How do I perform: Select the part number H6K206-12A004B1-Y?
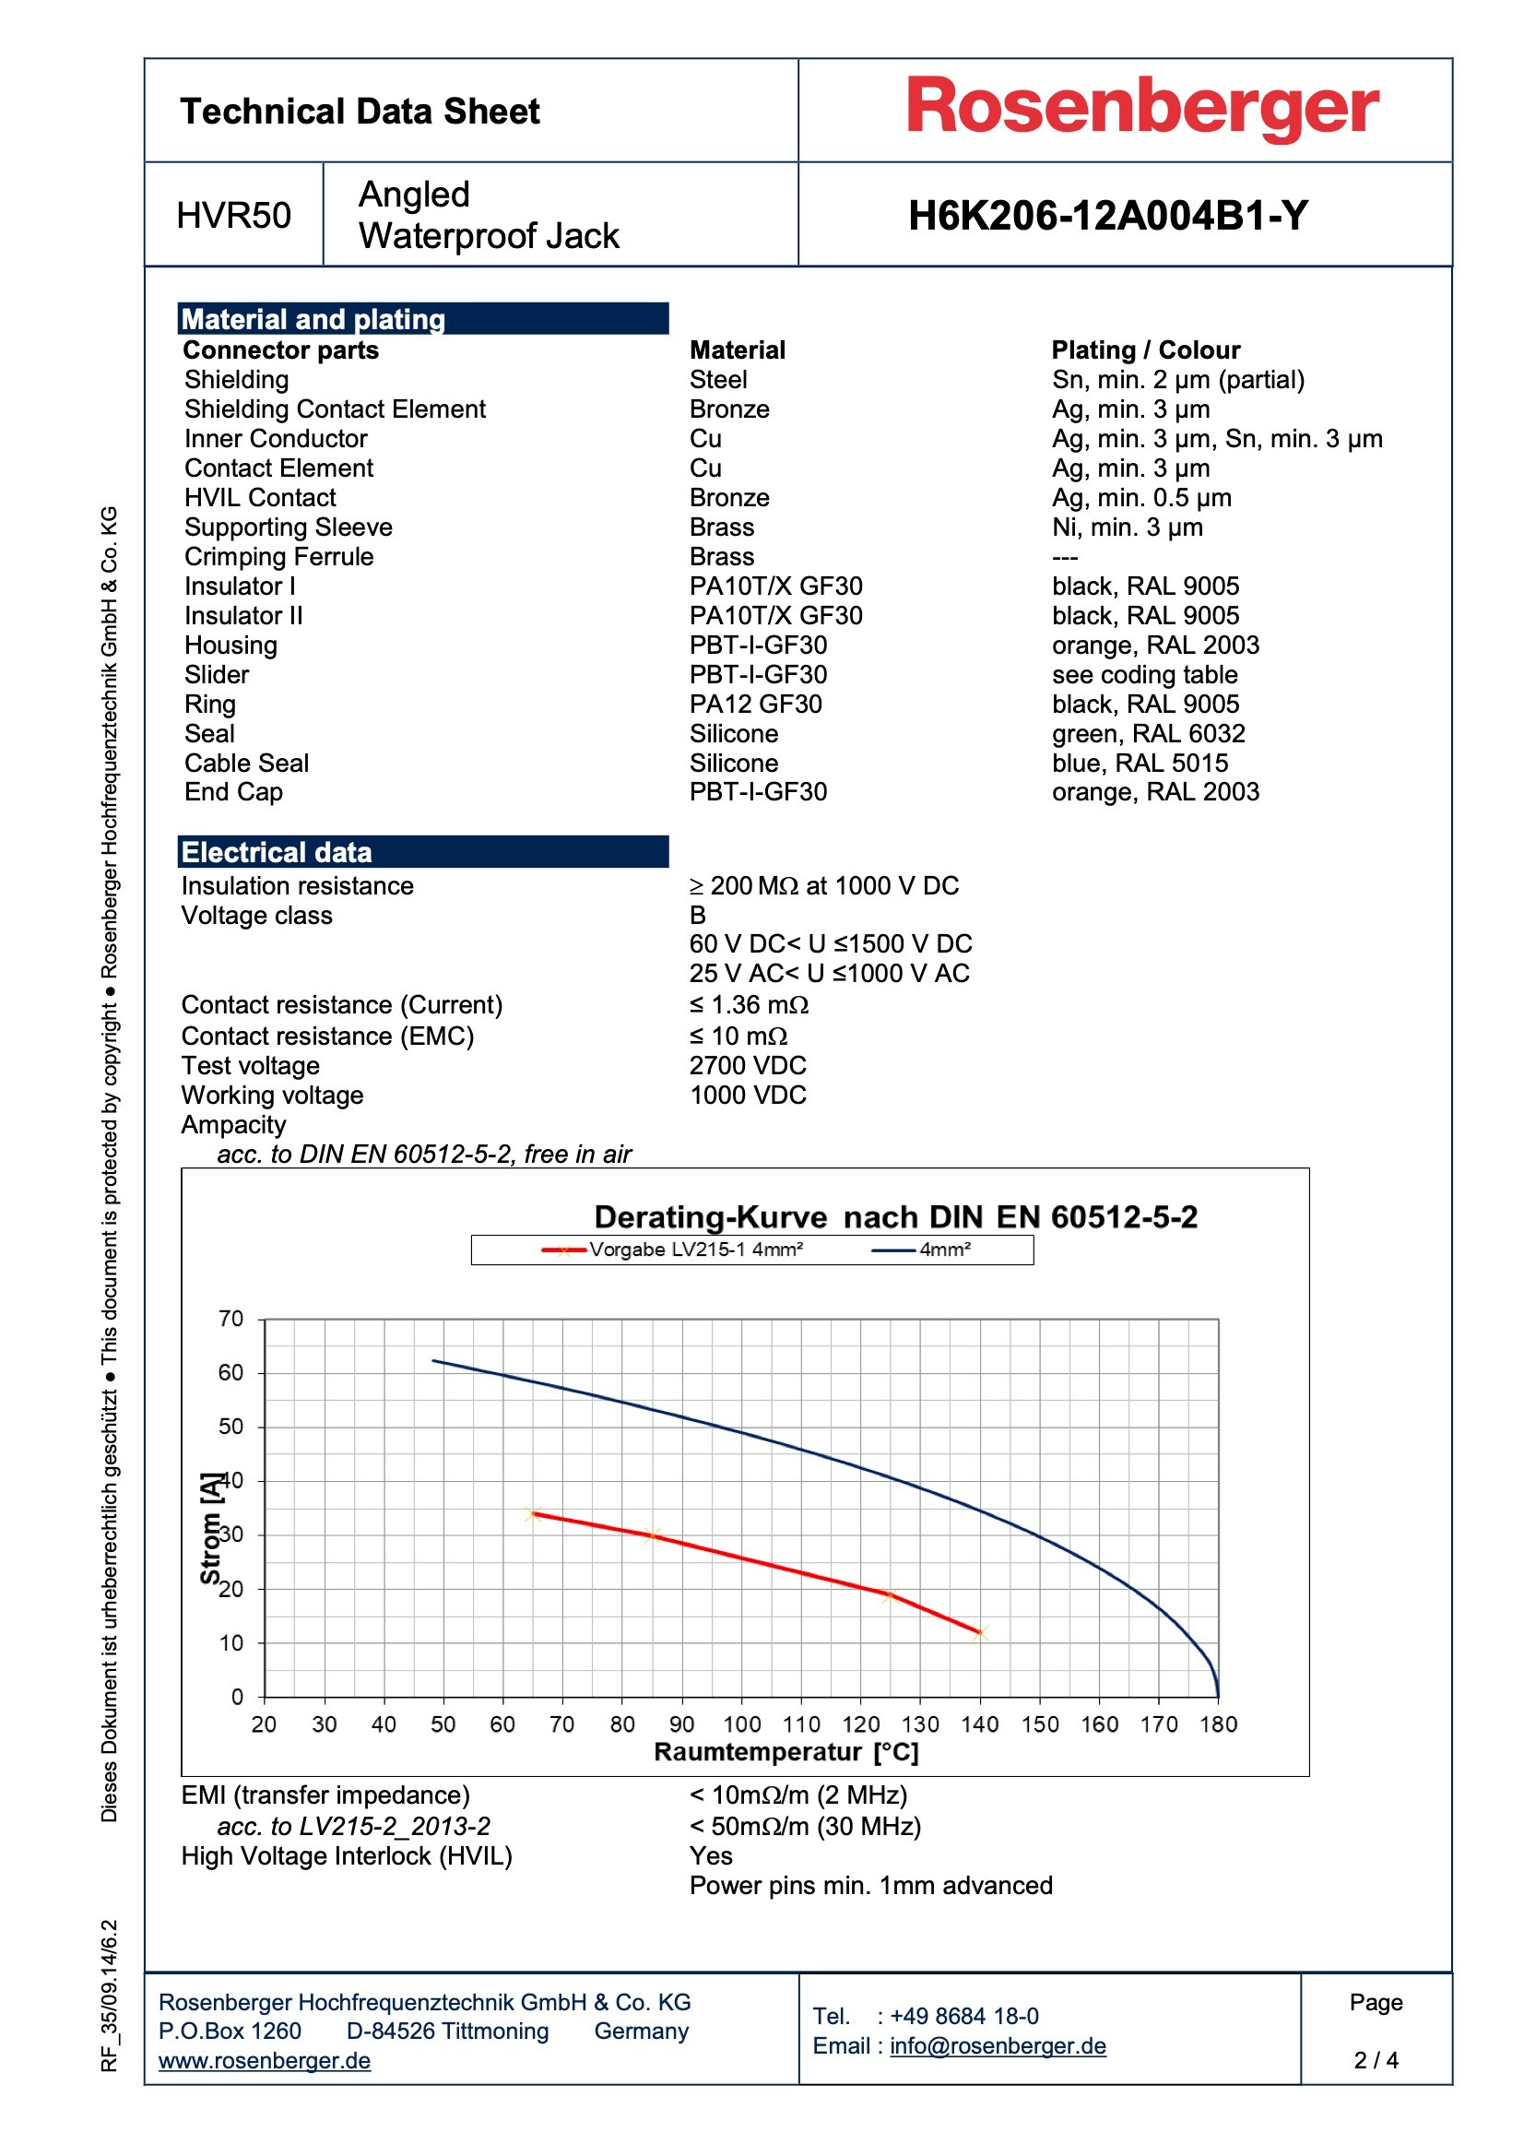[x=1107, y=216]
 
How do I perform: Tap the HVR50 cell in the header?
[x=233, y=216]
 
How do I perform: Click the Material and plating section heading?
[x=313, y=319]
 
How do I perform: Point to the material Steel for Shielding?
[x=717, y=380]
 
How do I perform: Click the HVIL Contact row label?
[x=259, y=498]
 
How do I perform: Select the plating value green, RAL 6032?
[x=1148, y=733]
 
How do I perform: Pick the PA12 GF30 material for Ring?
[x=755, y=705]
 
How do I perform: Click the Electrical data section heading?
[x=276, y=852]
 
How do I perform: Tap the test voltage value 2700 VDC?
[x=748, y=1066]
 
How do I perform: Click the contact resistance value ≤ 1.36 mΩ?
[x=749, y=1006]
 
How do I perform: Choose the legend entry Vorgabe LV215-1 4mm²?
[x=695, y=1250]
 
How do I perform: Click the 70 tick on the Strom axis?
[x=231, y=1320]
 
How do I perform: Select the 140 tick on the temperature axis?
[x=979, y=1724]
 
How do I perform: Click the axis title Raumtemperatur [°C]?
[x=785, y=1752]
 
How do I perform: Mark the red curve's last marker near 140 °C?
[x=980, y=1633]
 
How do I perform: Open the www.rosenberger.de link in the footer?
[x=264, y=2060]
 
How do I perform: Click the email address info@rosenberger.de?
[x=998, y=2046]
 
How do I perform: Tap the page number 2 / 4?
[x=1375, y=2060]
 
